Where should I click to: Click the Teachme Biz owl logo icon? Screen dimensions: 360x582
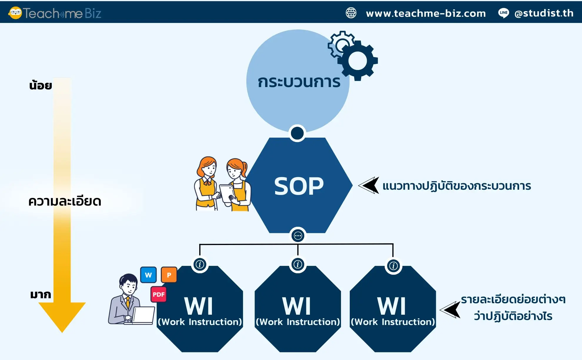[x=15, y=13]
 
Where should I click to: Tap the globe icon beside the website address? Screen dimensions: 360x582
[x=351, y=13]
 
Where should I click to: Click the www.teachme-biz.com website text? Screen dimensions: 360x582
[x=426, y=13]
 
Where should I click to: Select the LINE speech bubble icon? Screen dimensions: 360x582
[x=504, y=13]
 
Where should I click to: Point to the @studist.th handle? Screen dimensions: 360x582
[x=544, y=13]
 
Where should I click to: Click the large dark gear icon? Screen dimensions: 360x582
[x=357, y=61]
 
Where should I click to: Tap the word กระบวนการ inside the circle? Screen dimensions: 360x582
[x=299, y=82]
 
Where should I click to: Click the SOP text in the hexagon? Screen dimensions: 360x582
[x=299, y=186]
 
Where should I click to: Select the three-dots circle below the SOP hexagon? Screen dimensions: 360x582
[x=298, y=236]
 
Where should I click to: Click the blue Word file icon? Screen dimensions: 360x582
[x=148, y=275]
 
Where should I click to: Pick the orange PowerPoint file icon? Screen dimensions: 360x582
[x=169, y=275]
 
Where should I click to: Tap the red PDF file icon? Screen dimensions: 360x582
[x=159, y=294]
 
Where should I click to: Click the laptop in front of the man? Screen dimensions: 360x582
[x=143, y=316]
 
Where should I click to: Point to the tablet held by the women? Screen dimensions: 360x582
[x=227, y=193]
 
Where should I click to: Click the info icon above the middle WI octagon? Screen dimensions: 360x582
[x=298, y=264]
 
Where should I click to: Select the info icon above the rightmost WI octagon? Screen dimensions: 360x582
[x=393, y=266]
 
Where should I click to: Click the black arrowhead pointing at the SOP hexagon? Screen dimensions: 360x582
[x=369, y=185]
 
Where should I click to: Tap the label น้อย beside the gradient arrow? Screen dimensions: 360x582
[x=41, y=86]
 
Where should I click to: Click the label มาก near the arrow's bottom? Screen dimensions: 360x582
[x=41, y=294]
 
